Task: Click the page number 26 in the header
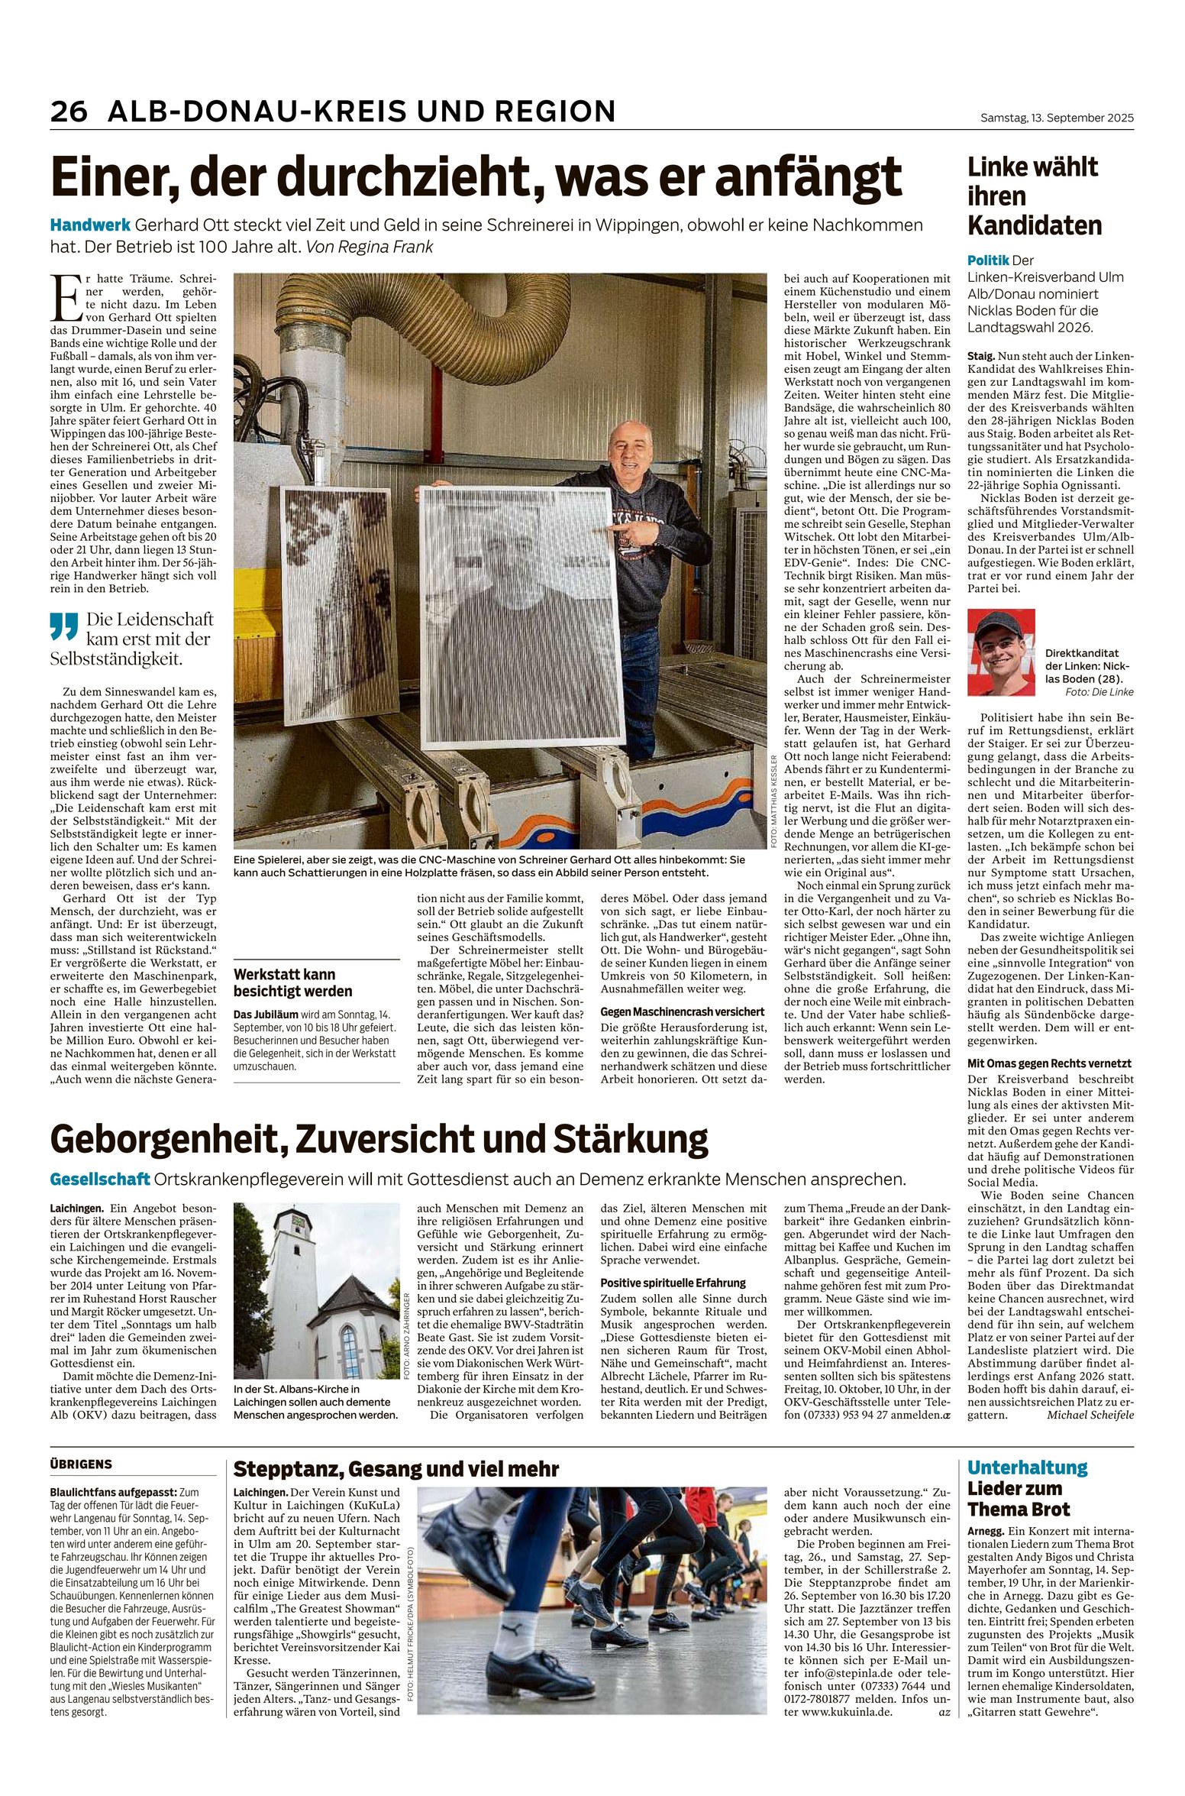[x=69, y=112]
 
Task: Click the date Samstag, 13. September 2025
[x=1057, y=118]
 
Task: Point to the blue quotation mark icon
[x=64, y=627]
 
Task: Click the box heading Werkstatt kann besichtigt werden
[x=293, y=982]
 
